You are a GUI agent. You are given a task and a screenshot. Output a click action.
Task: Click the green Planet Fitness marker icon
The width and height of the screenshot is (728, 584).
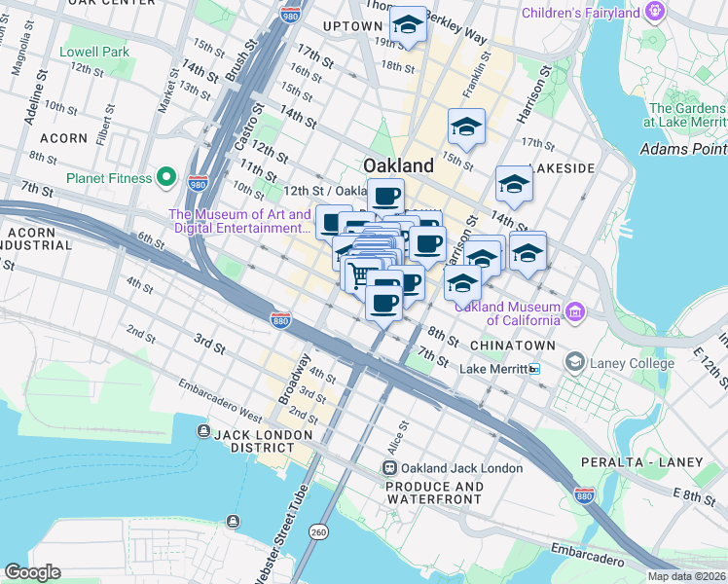tap(166, 178)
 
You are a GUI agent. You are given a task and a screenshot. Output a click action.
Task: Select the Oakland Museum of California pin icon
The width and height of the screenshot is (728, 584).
tap(576, 311)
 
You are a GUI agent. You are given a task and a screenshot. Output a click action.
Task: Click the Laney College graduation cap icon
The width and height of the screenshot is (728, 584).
tap(574, 362)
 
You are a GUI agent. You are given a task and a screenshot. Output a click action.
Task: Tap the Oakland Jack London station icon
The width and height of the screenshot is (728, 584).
tap(390, 468)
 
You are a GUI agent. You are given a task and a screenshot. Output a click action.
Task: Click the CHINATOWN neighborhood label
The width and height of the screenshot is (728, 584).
tap(512, 346)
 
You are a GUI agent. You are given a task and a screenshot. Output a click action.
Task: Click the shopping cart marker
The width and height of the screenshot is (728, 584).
tap(360, 274)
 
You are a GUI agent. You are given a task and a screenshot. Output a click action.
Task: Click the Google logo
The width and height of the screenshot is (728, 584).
tap(32, 572)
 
